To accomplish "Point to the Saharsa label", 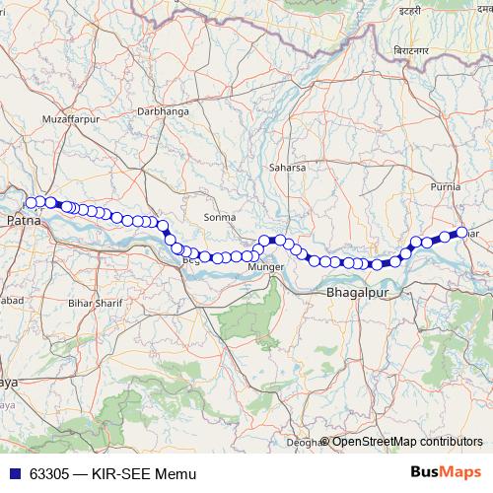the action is click(288, 169).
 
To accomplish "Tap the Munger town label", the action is click(265, 267).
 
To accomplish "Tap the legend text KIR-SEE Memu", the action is click(133, 473).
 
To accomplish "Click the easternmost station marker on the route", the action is click(460, 233).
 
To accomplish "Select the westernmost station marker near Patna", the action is click(31, 202).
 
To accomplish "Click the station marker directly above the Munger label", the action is click(264, 241).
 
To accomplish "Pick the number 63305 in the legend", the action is click(49, 473).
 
